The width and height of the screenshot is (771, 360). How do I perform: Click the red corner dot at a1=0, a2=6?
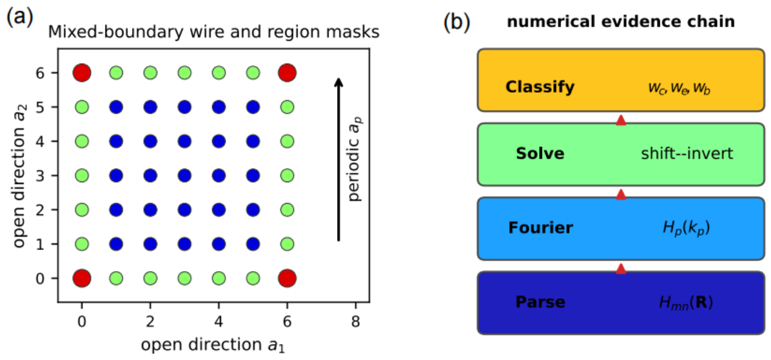82,73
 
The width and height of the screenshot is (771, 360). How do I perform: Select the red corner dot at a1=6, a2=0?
287,278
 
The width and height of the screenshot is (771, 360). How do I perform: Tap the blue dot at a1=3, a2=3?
185,175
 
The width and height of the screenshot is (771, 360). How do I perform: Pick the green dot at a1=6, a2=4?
287,141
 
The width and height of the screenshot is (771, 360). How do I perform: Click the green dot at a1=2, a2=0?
151,278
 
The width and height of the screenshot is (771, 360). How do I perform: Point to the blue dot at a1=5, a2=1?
253,244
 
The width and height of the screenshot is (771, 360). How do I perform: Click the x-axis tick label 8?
356,322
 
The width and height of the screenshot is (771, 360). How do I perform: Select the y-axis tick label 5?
40,107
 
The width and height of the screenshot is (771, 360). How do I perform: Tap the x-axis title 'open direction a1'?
213,345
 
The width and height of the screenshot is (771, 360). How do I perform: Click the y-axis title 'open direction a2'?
19,175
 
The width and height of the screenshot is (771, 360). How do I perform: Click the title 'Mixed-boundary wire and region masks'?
214,32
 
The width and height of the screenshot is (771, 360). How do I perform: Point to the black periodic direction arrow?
339,160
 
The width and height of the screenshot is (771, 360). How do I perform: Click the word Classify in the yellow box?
540,86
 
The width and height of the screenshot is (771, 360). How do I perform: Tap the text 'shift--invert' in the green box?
686,154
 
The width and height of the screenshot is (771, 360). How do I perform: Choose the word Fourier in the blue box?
540,228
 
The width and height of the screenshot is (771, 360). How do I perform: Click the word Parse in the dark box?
540,302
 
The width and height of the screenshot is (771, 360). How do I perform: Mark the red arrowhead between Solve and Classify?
621,120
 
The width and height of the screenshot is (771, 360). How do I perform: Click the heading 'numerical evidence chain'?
621,22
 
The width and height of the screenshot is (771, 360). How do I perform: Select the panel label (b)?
456,22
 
